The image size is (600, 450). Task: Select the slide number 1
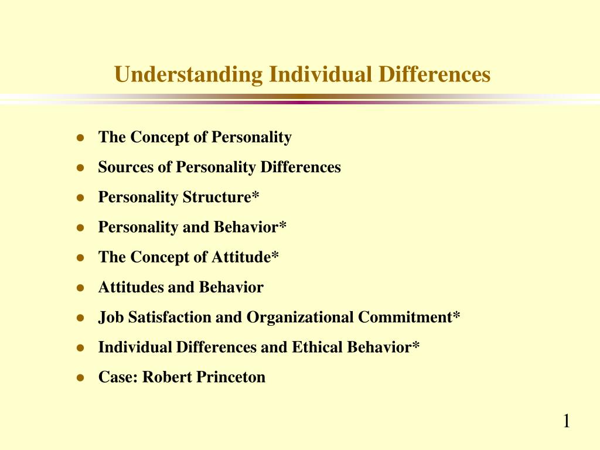[x=566, y=421]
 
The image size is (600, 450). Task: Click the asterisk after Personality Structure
[x=255, y=195]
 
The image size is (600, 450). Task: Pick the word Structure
[x=217, y=197]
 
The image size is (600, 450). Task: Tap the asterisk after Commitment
[x=456, y=315]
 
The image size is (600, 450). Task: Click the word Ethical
[x=315, y=347]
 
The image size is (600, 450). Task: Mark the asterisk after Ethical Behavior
[x=415, y=345]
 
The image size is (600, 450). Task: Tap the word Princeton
[x=231, y=377]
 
